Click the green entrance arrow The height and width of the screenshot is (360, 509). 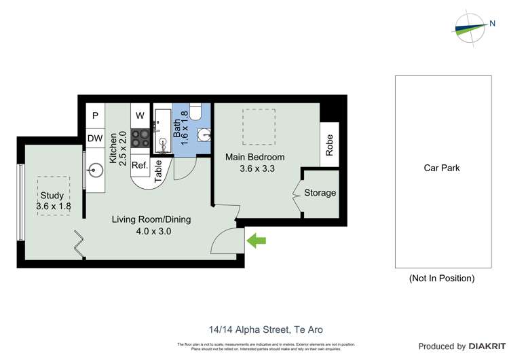click(x=257, y=240)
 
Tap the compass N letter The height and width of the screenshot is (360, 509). click(x=492, y=24)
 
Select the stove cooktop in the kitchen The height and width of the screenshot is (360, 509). click(x=140, y=139)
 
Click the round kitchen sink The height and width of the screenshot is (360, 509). click(x=94, y=169)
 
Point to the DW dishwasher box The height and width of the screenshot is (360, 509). click(x=95, y=139)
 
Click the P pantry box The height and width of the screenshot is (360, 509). click(x=95, y=115)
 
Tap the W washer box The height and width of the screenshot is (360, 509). click(x=140, y=115)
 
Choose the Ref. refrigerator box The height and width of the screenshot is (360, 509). click(x=139, y=165)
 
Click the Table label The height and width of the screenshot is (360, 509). click(x=158, y=172)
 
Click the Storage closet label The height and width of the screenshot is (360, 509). click(x=320, y=193)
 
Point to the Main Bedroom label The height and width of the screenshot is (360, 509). click(x=254, y=157)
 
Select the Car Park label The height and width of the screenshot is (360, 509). click(x=442, y=168)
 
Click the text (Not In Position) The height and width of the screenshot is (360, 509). click(x=441, y=278)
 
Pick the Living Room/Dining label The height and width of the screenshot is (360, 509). click(x=151, y=219)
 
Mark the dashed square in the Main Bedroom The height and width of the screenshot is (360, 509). click(x=259, y=127)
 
